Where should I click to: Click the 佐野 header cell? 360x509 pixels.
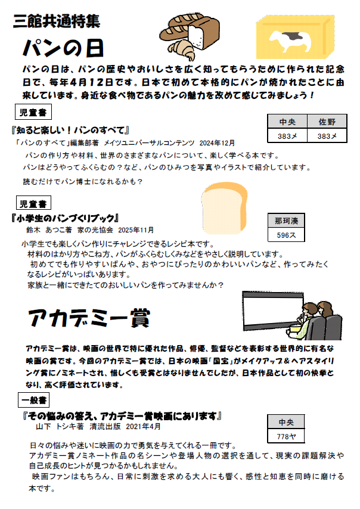click(331, 123)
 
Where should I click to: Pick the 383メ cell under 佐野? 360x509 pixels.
click(331, 136)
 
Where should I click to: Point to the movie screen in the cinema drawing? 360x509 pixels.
click(271, 315)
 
